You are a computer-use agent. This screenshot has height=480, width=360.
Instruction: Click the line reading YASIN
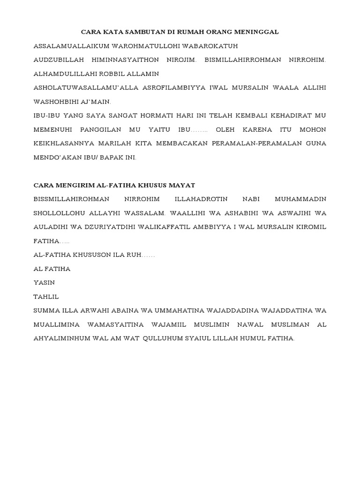[44, 283]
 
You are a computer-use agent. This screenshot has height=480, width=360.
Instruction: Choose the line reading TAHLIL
[46, 296]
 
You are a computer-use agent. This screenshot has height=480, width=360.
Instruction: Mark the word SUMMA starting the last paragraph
[46, 310]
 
